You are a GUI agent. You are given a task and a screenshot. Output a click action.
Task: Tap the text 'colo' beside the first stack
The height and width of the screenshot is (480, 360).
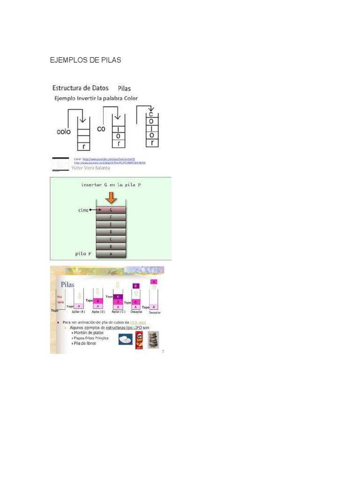click(x=64, y=132)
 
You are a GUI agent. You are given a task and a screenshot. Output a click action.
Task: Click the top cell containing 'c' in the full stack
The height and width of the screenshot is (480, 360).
click(x=150, y=114)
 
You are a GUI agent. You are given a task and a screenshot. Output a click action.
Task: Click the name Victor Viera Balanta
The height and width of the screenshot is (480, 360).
click(x=91, y=167)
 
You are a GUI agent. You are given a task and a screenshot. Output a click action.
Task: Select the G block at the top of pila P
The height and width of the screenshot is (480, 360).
click(x=111, y=210)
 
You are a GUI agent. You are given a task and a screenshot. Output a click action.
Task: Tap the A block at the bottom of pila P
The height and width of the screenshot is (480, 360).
click(x=111, y=254)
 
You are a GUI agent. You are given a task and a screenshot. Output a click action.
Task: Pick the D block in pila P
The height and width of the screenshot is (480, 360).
click(x=111, y=232)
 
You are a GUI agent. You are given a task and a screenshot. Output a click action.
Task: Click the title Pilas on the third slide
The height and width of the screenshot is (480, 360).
click(x=67, y=285)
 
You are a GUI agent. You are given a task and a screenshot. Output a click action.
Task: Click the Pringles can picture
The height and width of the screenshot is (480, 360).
click(x=139, y=340)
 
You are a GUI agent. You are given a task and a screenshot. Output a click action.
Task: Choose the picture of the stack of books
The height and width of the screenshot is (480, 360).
click(x=153, y=340)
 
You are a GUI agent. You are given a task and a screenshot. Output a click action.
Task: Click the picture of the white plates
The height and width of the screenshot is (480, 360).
click(x=125, y=340)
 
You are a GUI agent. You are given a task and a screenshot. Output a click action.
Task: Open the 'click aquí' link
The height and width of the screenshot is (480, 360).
click(x=138, y=322)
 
